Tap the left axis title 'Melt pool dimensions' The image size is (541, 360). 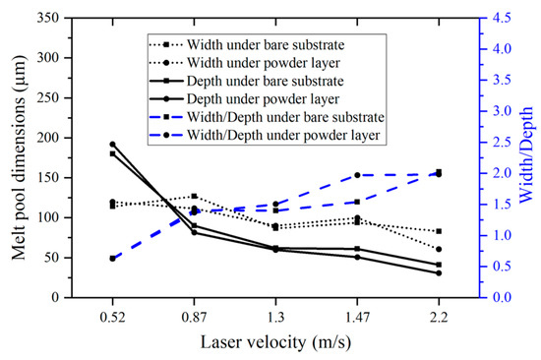22,157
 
